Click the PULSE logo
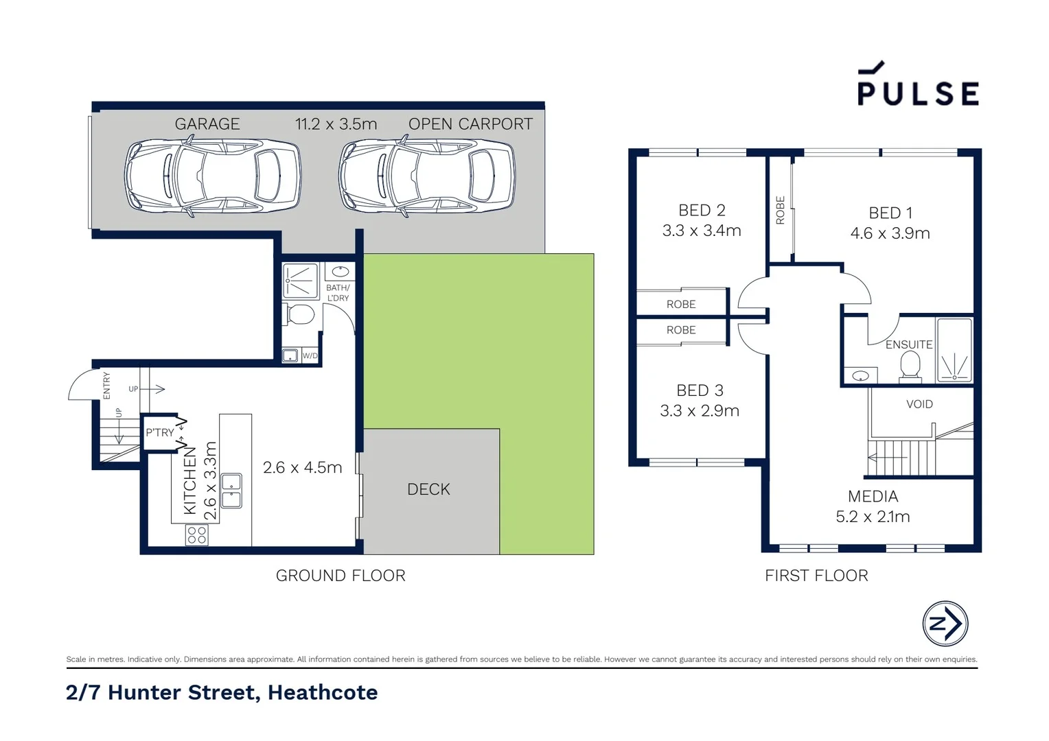[917, 85]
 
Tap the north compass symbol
[945, 624]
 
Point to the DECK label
[428, 489]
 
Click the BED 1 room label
[890, 213]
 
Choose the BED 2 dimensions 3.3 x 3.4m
[701, 231]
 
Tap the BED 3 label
[700, 390]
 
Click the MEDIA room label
[873, 496]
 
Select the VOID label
[919, 404]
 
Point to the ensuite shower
[954, 350]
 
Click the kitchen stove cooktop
[197, 535]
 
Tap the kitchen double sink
[231, 491]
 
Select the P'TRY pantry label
[159, 433]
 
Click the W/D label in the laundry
[310, 356]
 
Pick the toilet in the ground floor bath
[300, 315]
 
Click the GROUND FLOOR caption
[341, 576]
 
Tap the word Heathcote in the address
[323, 692]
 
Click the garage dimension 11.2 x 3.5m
[336, 124]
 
